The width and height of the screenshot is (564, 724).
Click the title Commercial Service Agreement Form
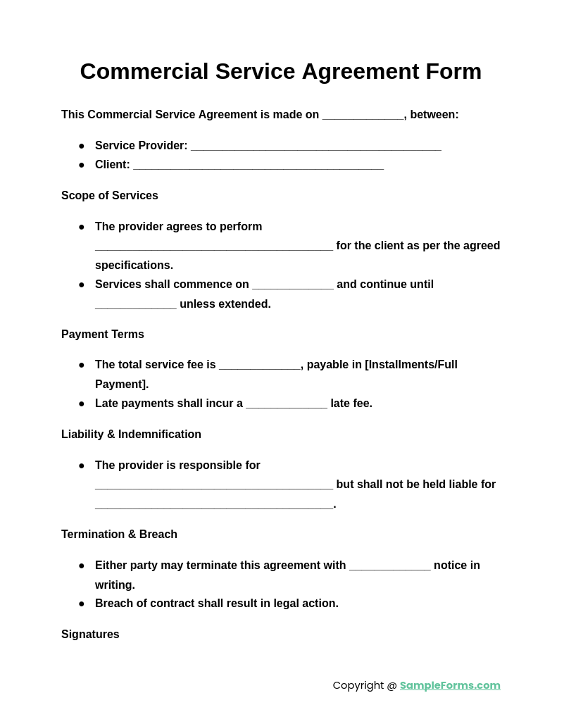pyautogui.click(x=280, y=71)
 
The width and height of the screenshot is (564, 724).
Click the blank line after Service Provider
pyautogui.click(x=315, y=146)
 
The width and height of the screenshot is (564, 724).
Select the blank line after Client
pyautogui.click(x=258, y=166)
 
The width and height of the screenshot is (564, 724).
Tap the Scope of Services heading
pyautogui.click(x=110, y=196)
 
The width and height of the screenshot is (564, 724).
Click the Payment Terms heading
pyautogui.click(x=103, y=335)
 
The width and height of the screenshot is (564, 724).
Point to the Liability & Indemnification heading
pyautogui.click(x=131, y=435)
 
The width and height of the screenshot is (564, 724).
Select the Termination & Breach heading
pyautogui.click(x=119, y=535)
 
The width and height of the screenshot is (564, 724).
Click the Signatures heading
pyautogui.click(x=90, y=635)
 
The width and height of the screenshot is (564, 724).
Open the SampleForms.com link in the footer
pyautogui.click(x=450, y=685)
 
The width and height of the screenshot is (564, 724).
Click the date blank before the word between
pyautogui.click(x=363, y=116)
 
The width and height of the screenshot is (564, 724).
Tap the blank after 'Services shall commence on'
pyautogui.click(x=292, y=285)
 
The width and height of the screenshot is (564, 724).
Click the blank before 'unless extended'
pyautogui.click(x=135, y=305)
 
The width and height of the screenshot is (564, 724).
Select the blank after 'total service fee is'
pyautogui.click(x=259, y=366)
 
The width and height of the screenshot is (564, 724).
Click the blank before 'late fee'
pyautogui.click(x=286, y=404)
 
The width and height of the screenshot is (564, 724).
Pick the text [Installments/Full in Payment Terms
pyautogui.click(x=411, y=365)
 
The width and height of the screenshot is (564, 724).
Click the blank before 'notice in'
pyautogui.click(x=389, y=566)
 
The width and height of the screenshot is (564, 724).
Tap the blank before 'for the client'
pyautogui.click(x=213, y=246)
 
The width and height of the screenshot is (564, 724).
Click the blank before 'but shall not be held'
pyautogui.click(x=213, y=485)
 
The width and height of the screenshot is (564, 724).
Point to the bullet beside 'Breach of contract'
pyautogui.click(x=82, y=604)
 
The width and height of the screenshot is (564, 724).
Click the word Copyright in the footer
pyautogui.click(x=358, y=685)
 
